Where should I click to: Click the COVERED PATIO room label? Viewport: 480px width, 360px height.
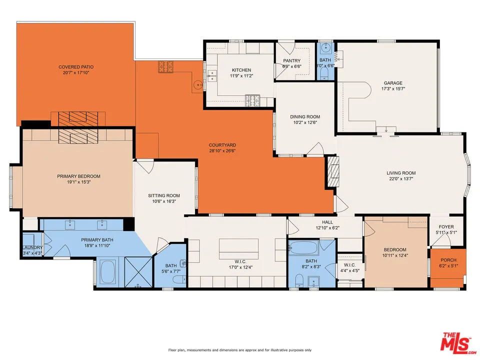76,67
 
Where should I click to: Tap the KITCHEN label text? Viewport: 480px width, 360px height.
241,70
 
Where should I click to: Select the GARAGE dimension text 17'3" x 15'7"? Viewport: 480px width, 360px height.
392,89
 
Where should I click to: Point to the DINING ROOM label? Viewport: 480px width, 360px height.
304,116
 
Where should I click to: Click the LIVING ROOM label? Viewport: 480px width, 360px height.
401,173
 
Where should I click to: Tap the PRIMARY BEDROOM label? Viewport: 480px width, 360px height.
78,176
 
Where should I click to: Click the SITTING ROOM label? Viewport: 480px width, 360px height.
163,195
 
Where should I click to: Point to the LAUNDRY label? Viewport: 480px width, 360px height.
32,247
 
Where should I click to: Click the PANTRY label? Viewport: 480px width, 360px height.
291,60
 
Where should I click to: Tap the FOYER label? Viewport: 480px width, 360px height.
446,226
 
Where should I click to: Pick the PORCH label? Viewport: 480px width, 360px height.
448,260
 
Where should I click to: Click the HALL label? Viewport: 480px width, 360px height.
327,222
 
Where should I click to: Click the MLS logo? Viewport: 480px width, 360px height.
455,342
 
